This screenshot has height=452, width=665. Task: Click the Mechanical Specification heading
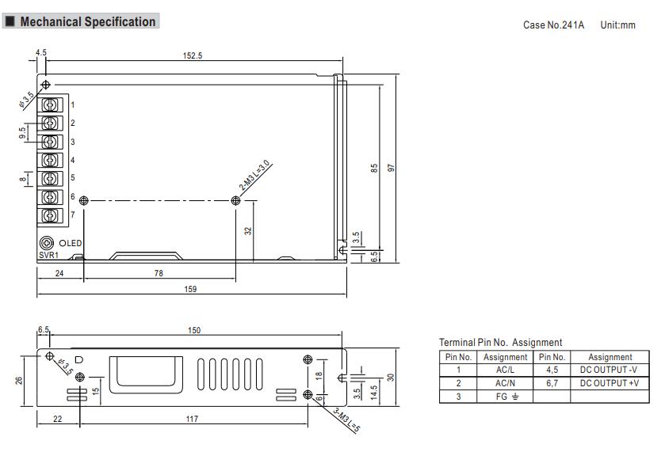coord(87,22)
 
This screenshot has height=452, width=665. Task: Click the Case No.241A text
coord(553,25)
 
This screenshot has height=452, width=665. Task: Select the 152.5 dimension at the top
coord(193,56)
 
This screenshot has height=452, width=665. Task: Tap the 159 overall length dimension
coord(190,289)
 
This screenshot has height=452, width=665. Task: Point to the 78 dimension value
coord(159,273)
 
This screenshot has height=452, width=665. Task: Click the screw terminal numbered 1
coord(52,105)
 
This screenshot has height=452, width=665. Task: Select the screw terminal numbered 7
coord(52,215)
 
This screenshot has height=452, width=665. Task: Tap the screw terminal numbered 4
coord(52,161)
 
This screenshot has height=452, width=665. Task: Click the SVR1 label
coord(48,255)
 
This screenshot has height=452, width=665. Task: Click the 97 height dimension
coord(391,168)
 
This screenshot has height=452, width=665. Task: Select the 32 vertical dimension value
coord(247,231)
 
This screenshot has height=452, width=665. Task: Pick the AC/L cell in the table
coord(505,370)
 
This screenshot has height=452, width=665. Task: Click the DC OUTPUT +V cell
coord(610,383)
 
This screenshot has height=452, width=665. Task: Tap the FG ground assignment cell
coord(505,396)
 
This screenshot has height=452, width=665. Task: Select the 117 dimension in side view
coord(192,419)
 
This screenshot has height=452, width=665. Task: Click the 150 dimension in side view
coord(193,330)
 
